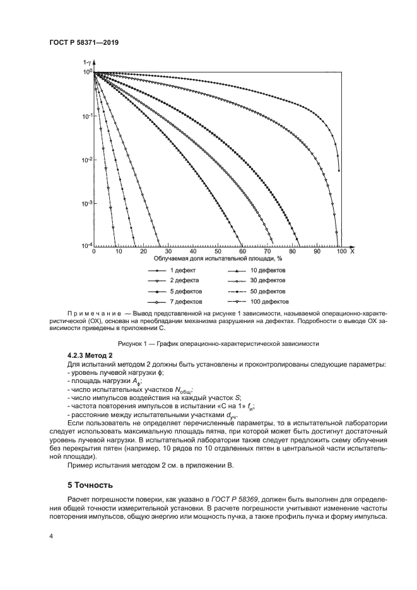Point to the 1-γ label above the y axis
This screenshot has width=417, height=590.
coord(86,63)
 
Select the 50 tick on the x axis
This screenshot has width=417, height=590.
coord(218,251)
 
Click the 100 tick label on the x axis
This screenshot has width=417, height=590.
coord(341,251)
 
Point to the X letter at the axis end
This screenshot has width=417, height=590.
coord(352,251)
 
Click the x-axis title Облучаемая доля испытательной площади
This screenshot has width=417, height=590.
coord(217,259)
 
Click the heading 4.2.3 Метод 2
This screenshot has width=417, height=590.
coord(90,357)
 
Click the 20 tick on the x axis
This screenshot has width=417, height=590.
coord(143,251)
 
